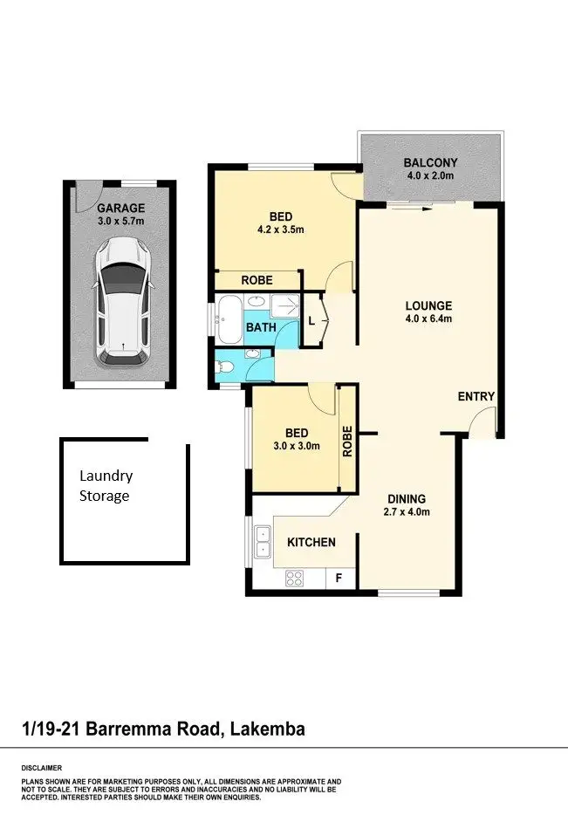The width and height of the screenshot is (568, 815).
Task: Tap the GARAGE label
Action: [120, 209]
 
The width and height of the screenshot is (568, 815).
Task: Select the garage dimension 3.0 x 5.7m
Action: [120, 222]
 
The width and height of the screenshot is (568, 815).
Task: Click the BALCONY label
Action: [430, 163]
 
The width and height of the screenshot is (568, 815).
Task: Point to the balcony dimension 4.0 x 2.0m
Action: [430, 176]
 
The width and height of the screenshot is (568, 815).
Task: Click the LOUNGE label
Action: [428, 305]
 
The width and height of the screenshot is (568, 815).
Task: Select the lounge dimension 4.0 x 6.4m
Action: [428, 318]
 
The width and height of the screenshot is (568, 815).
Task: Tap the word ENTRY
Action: [476, 396]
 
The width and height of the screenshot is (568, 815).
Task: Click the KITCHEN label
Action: [311, 542]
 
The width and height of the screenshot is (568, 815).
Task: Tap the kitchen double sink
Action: [262, 541]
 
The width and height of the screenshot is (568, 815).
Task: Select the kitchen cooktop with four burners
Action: [294, 577]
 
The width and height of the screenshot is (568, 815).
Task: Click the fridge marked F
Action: [339, 577]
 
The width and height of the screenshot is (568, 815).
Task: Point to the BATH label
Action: [261, 327]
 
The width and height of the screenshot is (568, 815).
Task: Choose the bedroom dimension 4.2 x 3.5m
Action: [281, 230]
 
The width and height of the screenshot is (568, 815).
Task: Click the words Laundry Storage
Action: [106, 486]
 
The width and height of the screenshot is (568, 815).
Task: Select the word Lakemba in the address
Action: [268, 729]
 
